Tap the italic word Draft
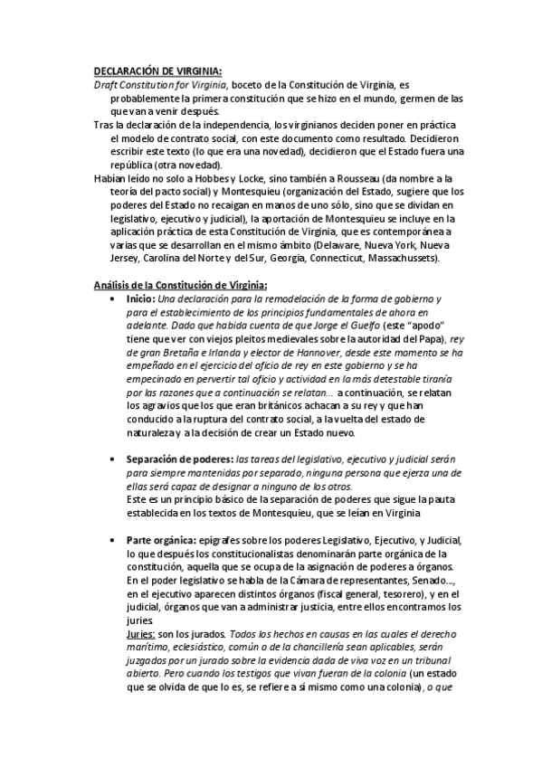tap(108, 84)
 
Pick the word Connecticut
tap(334, 259)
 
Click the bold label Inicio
tap(141, 298)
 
